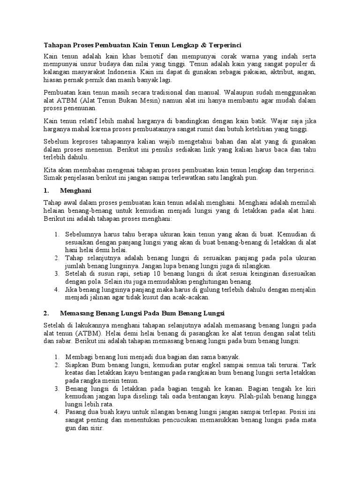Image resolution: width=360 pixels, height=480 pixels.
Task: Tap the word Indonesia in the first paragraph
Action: (x=122, y=72)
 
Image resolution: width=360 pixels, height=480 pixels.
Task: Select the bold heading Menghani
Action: (x=76, y=191)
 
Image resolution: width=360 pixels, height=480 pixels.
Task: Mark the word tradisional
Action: (x=178, y=93)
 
